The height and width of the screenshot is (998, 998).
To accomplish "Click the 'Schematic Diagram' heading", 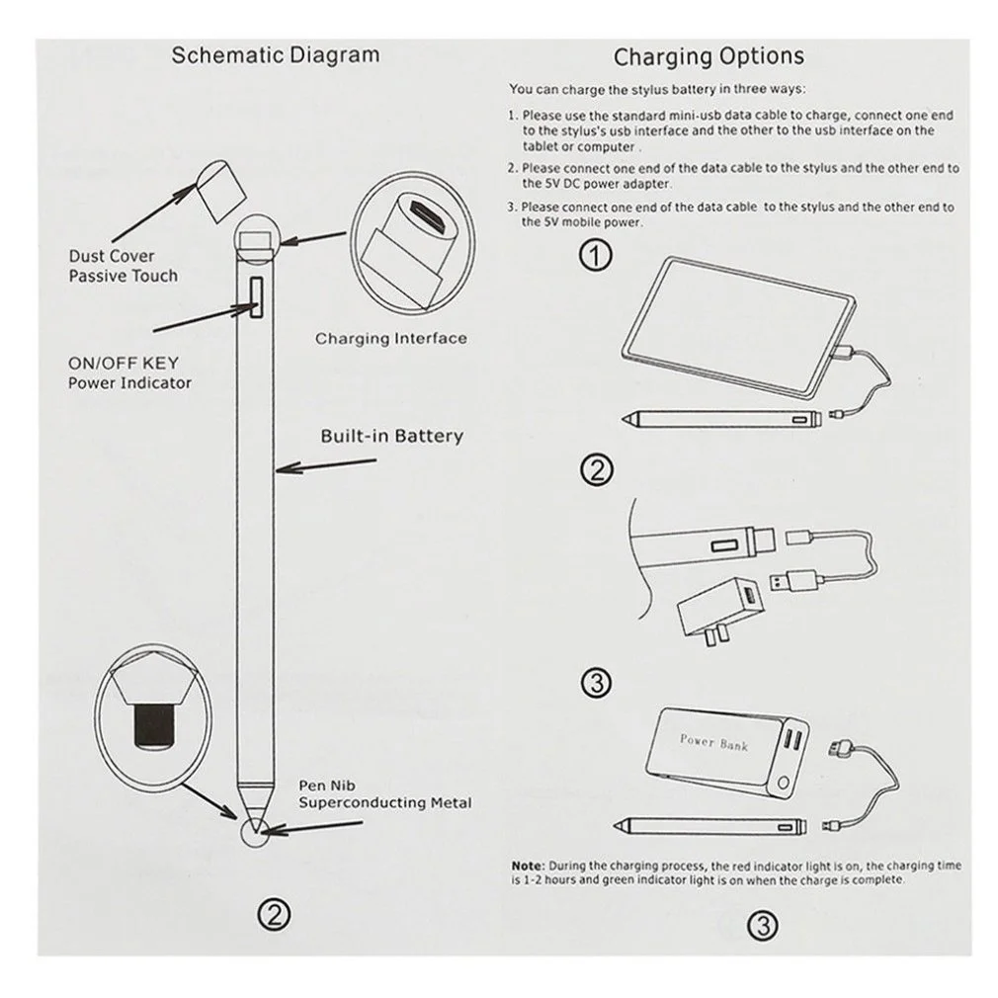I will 275,53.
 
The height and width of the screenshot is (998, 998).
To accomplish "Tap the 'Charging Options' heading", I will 708,55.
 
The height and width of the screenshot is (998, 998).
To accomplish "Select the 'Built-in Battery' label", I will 391,436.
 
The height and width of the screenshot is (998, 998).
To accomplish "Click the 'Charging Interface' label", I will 390,339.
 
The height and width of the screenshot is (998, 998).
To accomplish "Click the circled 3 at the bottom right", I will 764,925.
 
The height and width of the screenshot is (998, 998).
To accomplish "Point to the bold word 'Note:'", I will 526,864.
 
